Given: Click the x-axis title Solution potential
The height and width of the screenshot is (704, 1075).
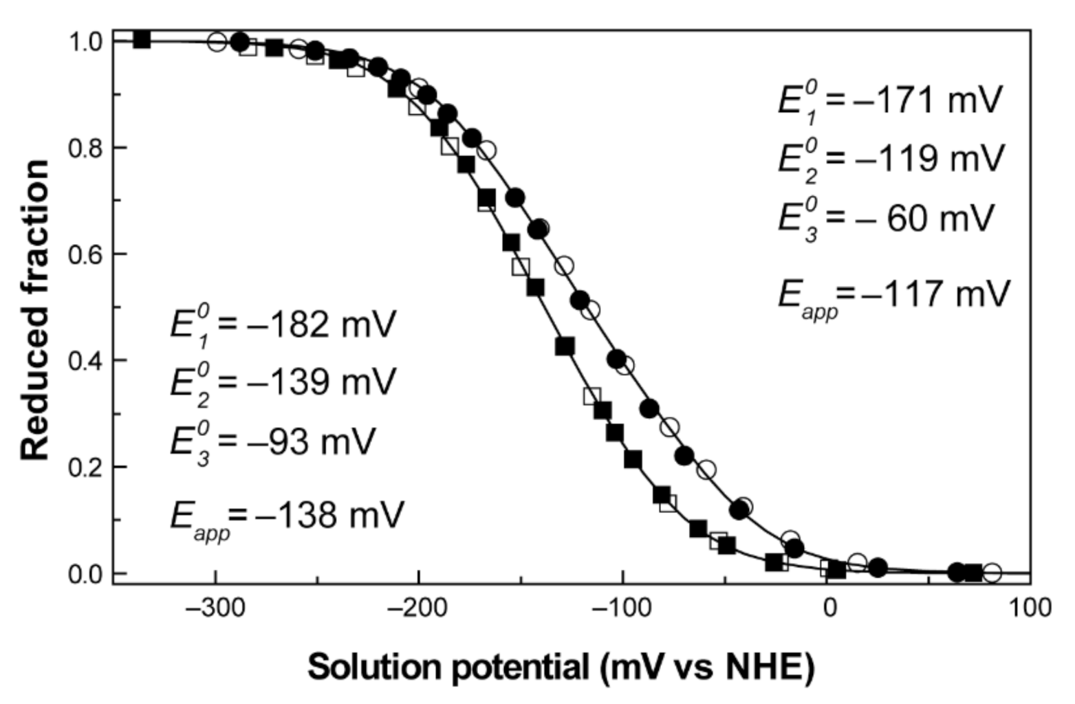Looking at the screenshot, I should click(561, 667).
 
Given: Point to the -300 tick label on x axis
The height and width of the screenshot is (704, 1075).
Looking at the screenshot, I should click(216, 608).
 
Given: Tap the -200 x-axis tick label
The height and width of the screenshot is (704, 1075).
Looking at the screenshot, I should click(418, 608).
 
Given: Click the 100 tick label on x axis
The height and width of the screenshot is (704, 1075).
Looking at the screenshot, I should click(1030, 608).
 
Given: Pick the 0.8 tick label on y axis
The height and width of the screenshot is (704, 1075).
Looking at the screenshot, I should click(86, 148).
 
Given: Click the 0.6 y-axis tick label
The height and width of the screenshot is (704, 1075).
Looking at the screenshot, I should click(86, 254).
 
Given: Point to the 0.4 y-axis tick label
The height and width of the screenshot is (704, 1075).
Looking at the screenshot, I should click(86, 360).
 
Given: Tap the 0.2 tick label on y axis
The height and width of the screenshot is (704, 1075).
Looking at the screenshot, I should click(86, 467).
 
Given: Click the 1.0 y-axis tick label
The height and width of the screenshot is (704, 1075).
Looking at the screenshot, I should click(86, 42).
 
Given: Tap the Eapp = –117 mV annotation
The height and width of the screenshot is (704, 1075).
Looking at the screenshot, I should click(894, 294).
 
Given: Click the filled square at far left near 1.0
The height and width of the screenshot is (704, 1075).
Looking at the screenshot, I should click(142, 39).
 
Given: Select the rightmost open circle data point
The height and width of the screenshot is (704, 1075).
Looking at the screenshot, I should click(991, 572).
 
